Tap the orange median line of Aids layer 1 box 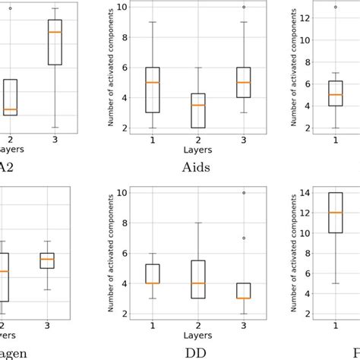152,82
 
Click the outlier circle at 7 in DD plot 244,238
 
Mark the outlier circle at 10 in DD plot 244,192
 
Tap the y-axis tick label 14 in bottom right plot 300,194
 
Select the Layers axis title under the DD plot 196,334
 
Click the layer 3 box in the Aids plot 244,82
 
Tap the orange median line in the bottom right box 335,213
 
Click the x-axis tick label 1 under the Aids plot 152,141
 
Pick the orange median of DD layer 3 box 244,298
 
